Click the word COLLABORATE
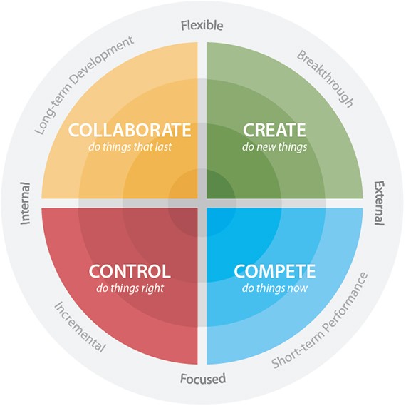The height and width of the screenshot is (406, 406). click(130, 130)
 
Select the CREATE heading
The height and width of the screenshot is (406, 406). click(274, 130)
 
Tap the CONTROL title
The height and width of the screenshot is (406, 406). click(130, 271)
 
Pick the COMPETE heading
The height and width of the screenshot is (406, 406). click(274, 271)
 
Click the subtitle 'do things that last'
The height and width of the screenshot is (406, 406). click(130, 147)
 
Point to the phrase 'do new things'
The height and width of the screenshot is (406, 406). click(274, 147)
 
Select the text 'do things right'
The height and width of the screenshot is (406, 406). click(130, 288)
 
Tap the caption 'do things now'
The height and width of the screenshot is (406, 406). click(275, 288)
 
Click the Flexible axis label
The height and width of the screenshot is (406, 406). click(202, 26)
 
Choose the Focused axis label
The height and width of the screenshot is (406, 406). click(203, 379)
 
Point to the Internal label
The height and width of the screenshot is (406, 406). click(26, 203)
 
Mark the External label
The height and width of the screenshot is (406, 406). click(380, 203)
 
